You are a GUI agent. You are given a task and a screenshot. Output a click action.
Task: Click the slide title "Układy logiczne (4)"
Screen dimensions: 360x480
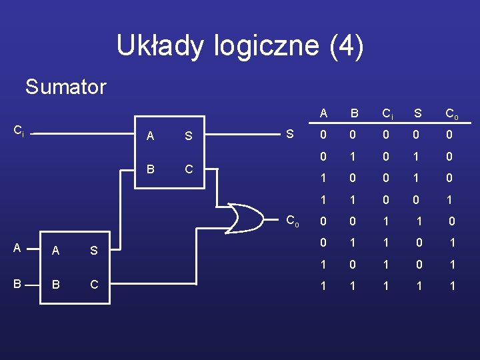(x=240, y=45)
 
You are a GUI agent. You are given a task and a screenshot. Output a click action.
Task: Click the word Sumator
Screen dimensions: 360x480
(x=65, y=87)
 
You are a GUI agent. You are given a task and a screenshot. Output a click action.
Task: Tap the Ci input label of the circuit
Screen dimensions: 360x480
(x=19, y=131)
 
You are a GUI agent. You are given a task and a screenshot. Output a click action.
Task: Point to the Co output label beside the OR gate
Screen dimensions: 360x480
(x=293, y=221)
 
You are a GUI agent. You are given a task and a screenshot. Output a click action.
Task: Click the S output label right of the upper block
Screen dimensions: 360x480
(x=289, y=134)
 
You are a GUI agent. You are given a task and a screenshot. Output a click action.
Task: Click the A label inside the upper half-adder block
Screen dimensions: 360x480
(x=150, y=136)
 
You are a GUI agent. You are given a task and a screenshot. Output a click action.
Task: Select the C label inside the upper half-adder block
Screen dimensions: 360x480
(x=189, y=169)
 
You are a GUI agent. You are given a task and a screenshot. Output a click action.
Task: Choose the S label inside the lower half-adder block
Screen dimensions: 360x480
(x=94, y=251)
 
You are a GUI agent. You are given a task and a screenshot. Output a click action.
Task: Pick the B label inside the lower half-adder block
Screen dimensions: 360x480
(x=56, y=285)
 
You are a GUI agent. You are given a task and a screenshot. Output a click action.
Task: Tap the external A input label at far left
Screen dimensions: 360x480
(x=17, y=248)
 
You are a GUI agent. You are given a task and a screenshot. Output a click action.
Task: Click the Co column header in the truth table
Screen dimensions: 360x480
(x=451, y=114)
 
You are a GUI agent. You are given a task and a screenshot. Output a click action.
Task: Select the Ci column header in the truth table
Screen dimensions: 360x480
(x=387, y=114)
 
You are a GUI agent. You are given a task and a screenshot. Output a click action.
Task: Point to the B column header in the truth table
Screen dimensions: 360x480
(x=355, y=113)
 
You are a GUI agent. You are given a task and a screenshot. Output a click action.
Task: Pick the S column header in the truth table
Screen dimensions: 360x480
(x=418, y=113)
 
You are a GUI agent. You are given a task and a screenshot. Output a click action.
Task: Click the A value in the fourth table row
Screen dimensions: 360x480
(x=323, y=200)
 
